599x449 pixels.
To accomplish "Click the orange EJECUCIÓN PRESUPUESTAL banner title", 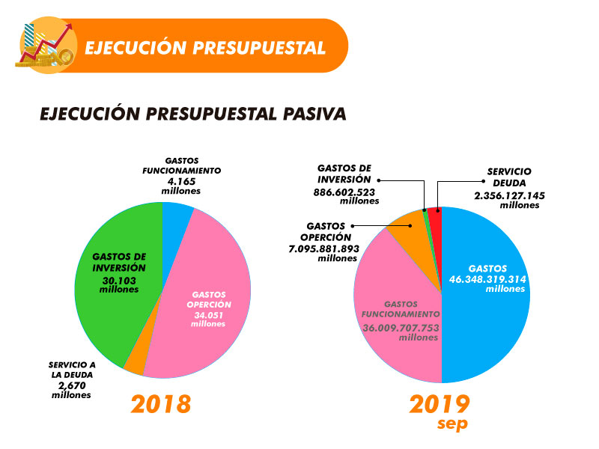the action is (205, 48).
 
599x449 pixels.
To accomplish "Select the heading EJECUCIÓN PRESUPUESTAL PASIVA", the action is (193, 114).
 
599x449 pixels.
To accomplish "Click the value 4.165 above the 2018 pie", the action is (181, 181).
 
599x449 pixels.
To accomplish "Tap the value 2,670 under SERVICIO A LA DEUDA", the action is (72, 385).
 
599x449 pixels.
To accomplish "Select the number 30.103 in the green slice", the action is (119, 281).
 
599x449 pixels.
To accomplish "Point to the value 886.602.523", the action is (344, 192).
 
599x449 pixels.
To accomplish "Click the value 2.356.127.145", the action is (510, 195).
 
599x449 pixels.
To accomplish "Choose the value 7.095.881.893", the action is (324, 249).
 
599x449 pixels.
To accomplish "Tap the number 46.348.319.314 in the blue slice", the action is (488, 279).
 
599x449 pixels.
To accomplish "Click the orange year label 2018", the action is (161, 404).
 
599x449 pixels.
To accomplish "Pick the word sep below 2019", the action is (453, 424).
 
